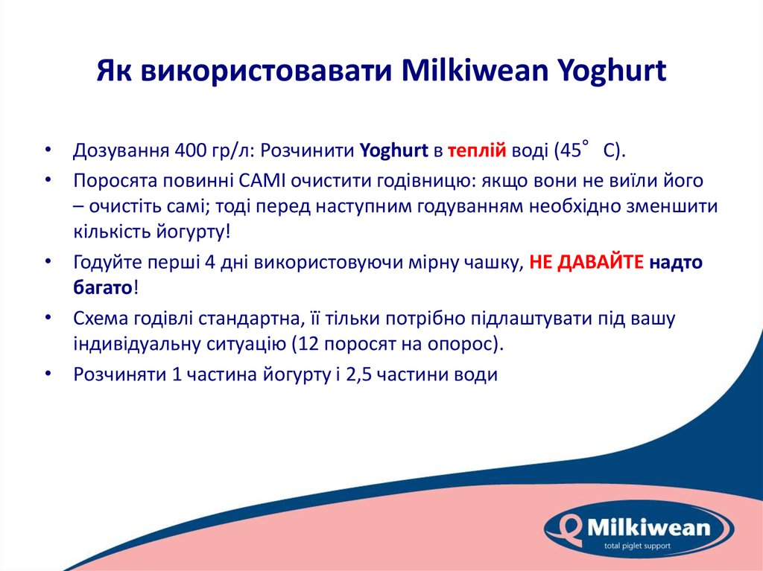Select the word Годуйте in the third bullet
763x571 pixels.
(102, 262)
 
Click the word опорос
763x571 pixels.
(472, 344)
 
